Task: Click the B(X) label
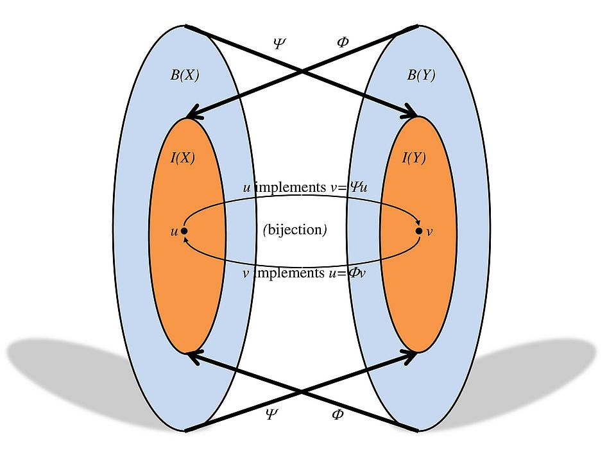point(184,75)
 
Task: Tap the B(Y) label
point(421,75)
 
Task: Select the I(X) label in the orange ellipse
point(182,158)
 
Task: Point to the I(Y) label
point(413,158)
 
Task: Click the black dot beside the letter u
point(184,231)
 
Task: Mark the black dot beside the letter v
point(419,231)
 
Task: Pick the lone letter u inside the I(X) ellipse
point(173,232)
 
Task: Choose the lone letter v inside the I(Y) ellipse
point(429,232)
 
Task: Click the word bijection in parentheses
point(295,230)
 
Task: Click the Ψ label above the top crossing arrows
point(279,43)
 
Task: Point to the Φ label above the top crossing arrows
point(343,43)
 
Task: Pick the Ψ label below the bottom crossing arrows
point(271,414)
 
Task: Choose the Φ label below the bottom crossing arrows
point(338,414)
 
